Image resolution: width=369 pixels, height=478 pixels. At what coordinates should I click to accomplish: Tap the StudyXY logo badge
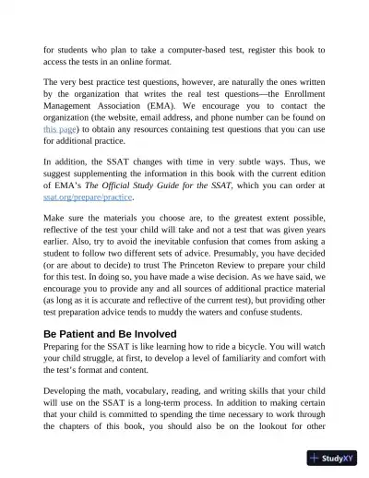tap(332, 458)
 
